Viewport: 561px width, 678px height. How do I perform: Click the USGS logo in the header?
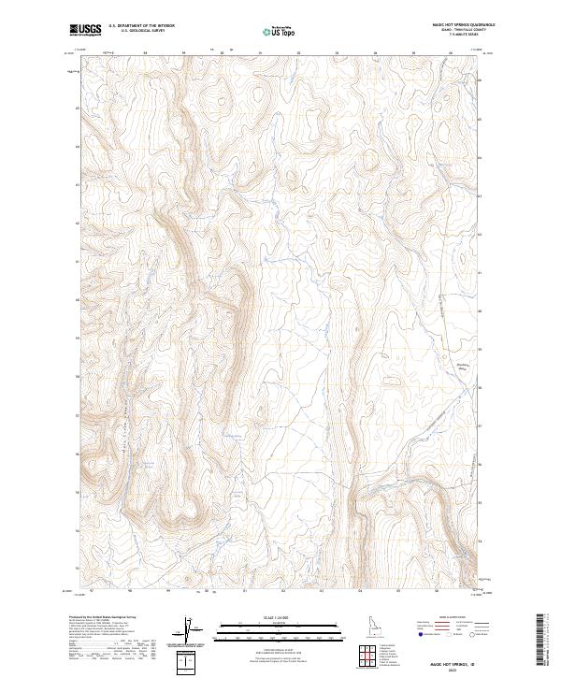pyautogui.click(x=86, y=30)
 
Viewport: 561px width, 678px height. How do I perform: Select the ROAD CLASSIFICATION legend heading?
pyautogui.click(x=453, y=618)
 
